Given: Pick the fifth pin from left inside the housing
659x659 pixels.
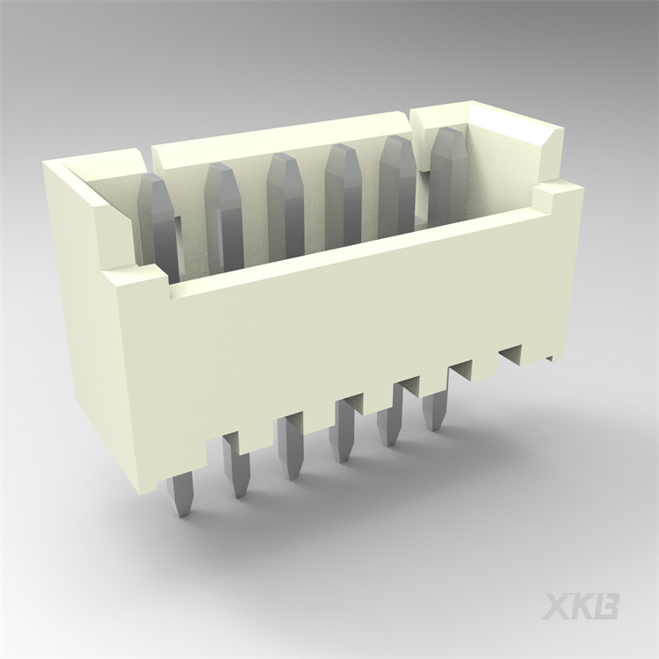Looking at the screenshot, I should [396, 180].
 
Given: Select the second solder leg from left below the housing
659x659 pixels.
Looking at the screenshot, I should [235, 466].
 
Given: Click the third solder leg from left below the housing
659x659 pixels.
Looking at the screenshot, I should [288, 448].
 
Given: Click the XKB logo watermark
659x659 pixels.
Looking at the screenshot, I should [581, 606].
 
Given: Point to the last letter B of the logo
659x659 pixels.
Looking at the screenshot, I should [607, 606].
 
